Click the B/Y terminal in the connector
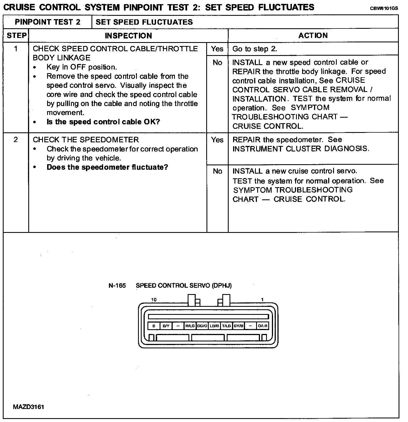click(x=166, y=326)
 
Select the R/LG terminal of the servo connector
click(x=190, y=326)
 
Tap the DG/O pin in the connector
click(x=202, y=326)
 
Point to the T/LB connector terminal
click(x=226, y=326)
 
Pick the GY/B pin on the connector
click(x=238, y=326)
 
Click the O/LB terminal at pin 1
click(x=262, y=326)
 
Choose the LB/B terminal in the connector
click(x=214, y=326)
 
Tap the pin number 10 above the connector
click(x=154, y=300)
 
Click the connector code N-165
click(x=117, y=285)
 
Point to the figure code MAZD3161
click(x=28, y=407)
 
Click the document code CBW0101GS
click(x=384, y=8)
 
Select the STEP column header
click(x=16, y=35)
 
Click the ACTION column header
click(x=313, y=35)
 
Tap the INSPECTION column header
click(x=128, y=36)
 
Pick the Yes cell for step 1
click(x=217, y=49)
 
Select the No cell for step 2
click(x=217, y=171)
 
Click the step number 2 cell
click(x=16, y=140)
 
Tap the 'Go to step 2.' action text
click(x=255, y=49)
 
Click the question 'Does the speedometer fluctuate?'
click(x=107, y=167)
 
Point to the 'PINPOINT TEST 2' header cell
click(x=47, y=22)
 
